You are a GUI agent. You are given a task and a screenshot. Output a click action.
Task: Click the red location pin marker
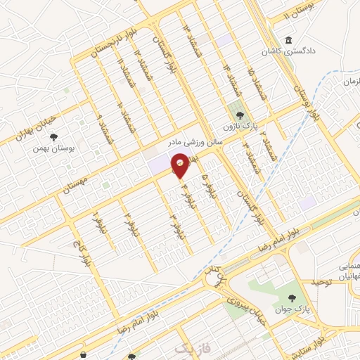click(x=181, y=165)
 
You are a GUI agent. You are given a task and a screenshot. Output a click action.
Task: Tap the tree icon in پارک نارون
click(x=240, y=112)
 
